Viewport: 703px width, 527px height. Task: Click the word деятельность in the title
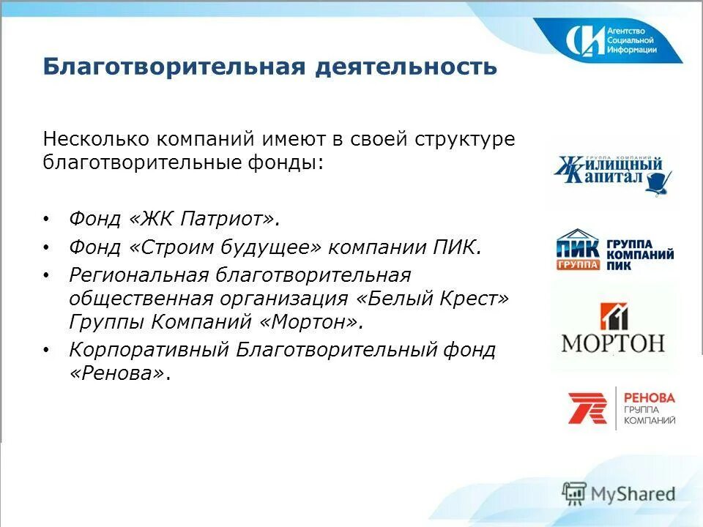pos(406,67)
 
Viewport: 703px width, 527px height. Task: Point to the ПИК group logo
pos(614,250)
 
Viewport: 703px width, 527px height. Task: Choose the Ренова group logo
pos(622,408)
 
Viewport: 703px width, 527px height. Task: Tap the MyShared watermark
pos(619,494)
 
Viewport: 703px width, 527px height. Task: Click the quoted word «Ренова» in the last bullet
pos(118,373)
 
